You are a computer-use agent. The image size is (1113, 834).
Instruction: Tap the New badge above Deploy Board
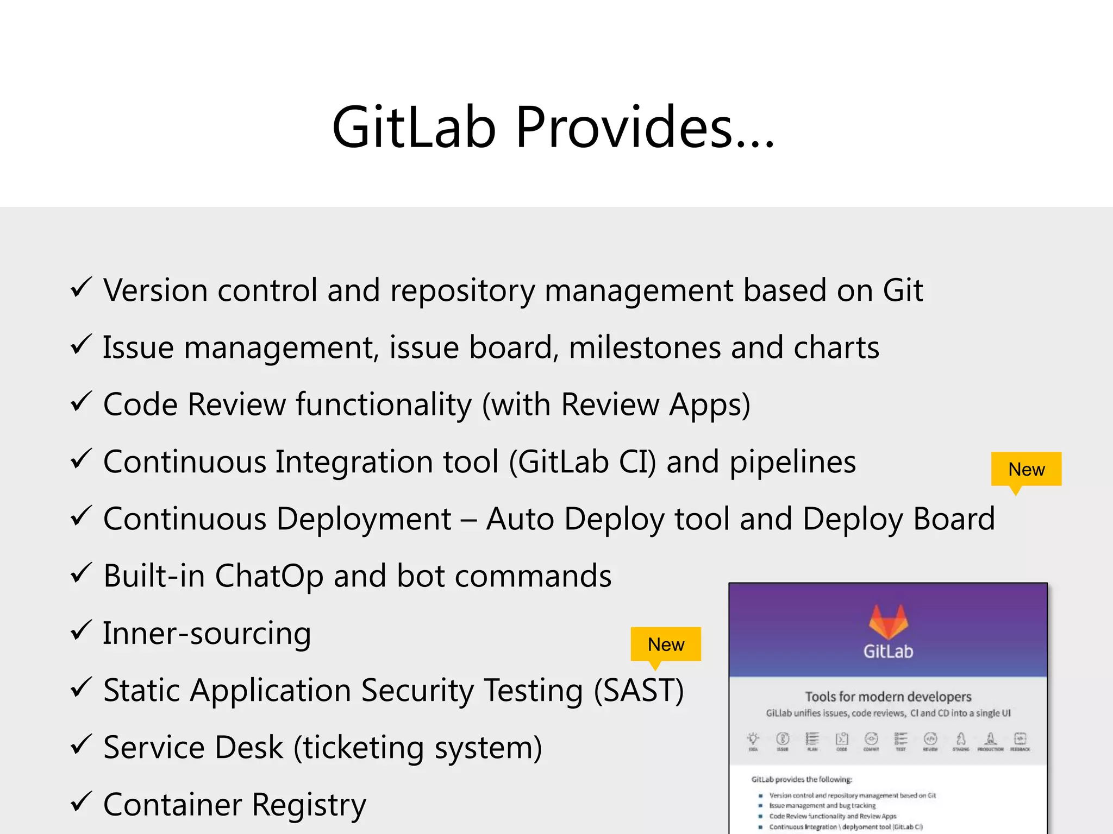coord(1026,469)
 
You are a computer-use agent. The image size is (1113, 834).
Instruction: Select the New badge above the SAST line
coord(666,645)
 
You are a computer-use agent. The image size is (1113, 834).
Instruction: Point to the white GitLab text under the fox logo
coord(888,652)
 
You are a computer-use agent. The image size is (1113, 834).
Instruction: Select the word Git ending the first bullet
coord(903,290)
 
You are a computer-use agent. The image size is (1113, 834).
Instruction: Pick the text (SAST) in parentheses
coord(639,691)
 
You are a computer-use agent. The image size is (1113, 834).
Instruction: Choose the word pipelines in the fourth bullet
coord(792,463)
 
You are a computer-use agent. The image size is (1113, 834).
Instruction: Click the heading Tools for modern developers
coord(888,697)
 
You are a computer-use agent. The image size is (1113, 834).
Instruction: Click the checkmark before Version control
coord(81,288)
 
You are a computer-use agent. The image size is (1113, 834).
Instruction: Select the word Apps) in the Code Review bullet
coord(709,405)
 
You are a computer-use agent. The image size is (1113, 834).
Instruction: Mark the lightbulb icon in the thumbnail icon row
coord(753,738)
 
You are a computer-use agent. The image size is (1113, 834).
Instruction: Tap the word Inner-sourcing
coord(207,634)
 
